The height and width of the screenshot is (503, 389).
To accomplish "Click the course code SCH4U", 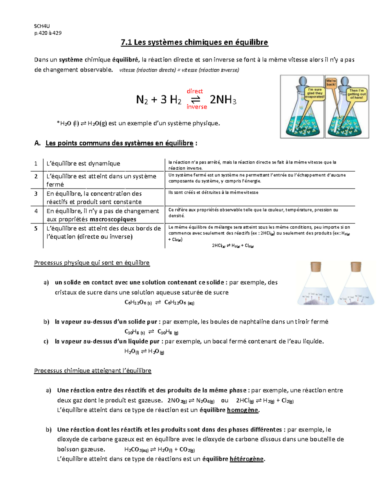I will (42, 26).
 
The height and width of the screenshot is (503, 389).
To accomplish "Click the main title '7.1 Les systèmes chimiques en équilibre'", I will (194, 42).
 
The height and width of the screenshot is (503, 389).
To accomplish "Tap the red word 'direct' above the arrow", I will (195, 91).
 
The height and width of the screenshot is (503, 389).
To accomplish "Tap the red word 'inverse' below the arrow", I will (197, 107).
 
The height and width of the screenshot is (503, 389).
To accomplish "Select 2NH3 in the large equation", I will (223, 100).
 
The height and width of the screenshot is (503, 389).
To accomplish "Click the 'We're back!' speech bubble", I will (331, 83).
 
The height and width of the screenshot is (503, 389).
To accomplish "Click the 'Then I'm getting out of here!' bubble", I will (357, 94).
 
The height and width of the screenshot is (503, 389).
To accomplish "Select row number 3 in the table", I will (36, 194).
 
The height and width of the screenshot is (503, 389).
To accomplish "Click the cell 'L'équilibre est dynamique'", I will (83, 164).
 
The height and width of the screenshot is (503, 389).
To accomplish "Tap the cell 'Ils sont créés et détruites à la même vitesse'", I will (213, 192).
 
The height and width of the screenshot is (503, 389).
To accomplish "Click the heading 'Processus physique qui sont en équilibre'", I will (92, 263).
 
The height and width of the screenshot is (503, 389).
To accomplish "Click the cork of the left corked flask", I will (316, 267).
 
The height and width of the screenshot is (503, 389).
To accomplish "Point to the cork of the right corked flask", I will (356, 267).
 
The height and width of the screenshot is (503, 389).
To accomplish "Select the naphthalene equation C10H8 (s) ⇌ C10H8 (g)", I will (151, 332).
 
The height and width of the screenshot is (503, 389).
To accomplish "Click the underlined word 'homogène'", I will (242, 410).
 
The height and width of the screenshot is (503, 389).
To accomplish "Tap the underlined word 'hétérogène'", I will (246, 459).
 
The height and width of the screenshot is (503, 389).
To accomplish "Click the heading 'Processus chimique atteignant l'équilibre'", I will (92, 371).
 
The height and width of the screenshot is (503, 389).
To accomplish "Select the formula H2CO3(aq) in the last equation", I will (136, 450).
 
